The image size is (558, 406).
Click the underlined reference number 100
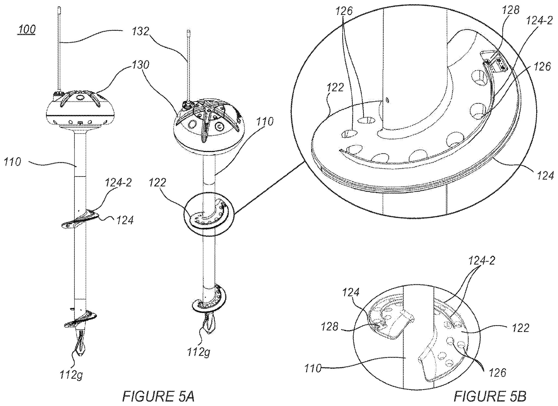26,29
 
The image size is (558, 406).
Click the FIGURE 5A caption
158,396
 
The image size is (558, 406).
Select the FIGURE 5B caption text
490,396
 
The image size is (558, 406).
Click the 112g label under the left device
72,375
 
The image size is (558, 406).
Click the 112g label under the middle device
199,352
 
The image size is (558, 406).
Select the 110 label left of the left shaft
13,162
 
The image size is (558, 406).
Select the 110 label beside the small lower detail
313,370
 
